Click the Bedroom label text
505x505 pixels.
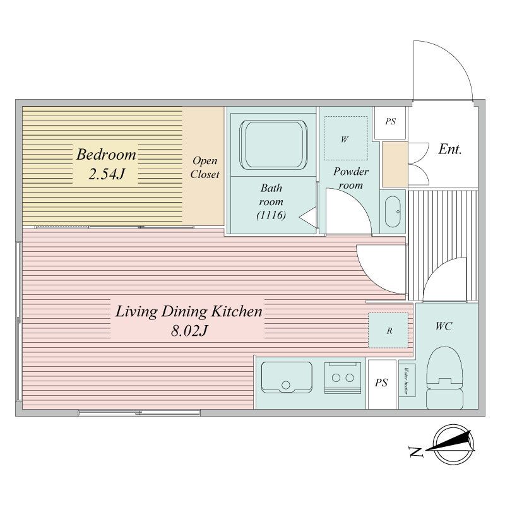pos(106,155)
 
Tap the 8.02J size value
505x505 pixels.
pos(188,331)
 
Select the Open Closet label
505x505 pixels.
pos(205,167)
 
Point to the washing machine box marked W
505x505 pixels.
pos(345,139)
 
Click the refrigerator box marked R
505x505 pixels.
pos(389,330)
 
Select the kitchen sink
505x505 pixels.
pos(287,378)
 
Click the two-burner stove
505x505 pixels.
pos(342,378)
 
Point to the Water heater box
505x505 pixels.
pos(407,379)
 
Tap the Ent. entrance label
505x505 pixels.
pos(450,150)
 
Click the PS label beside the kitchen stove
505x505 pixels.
pos(382,383)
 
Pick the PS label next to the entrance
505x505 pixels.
pos(390,121)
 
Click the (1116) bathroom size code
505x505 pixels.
pos(272,216)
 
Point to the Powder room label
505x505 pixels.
pos(351,178)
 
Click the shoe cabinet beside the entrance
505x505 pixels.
pos(395,164)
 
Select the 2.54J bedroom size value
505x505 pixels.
pos(105,175)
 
